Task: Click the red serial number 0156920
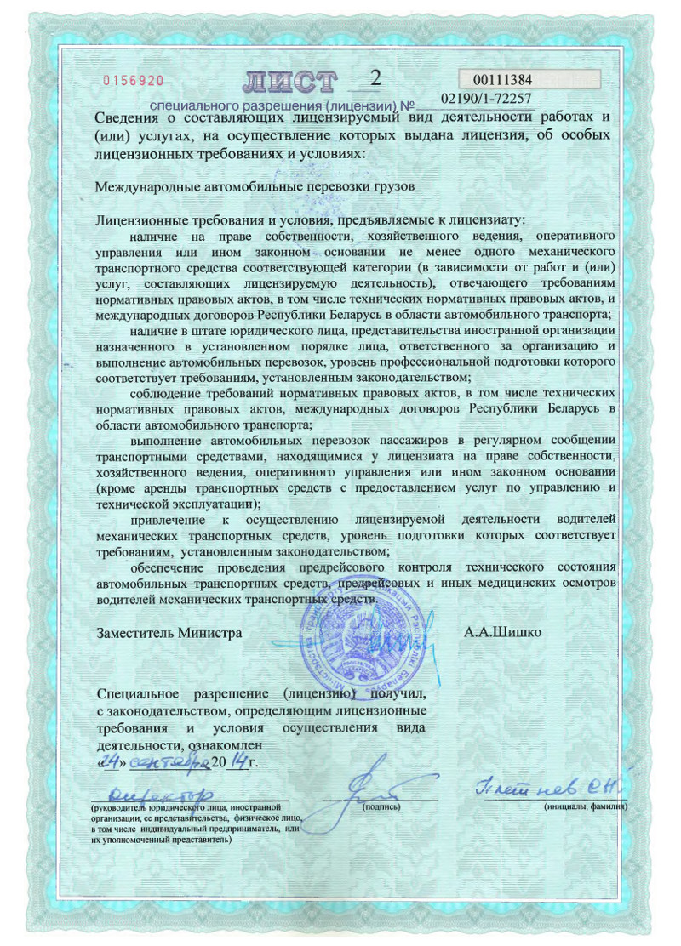pos(133,81)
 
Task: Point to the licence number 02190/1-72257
pos(487,100)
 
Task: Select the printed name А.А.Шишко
pos(502,633)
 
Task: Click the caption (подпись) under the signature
pos(381,805)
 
